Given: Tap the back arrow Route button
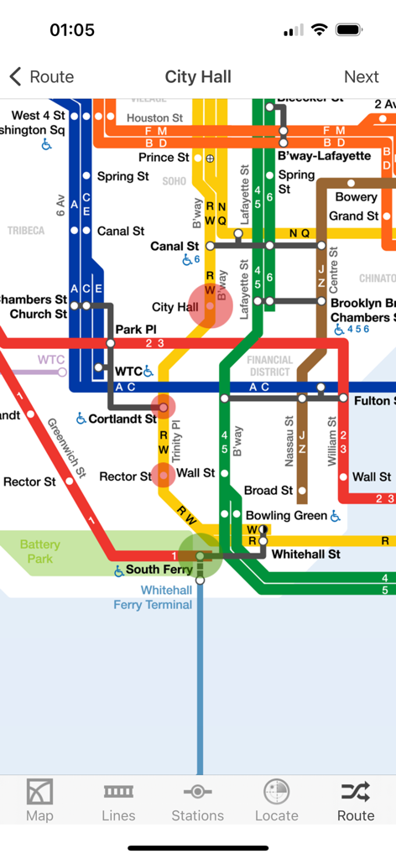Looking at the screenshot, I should click(x=42, y=77).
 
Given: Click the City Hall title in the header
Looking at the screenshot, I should click(x=198, y=77).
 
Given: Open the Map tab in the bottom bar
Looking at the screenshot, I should click(x=39, y=799).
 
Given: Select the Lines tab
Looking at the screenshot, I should click(x=118, y=799).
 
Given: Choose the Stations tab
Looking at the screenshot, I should click(x=197, y=799).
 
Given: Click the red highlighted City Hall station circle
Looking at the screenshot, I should click(x=210, y=306).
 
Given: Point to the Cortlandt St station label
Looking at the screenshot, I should click(x=122, y=419).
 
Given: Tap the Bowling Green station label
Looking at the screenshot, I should click(x=285, y=515).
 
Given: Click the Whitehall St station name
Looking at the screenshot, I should click(x=306, y=554).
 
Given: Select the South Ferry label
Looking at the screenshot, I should click(x=159, y=570).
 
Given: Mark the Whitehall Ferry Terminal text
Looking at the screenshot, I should click(x=153, y=597).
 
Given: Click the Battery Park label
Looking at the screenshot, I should click(x=40, y=551).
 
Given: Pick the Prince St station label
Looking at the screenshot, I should click(x=164, y=157).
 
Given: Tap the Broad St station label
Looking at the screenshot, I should click(x=268, y=490).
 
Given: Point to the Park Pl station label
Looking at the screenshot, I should click(x=136, y=329).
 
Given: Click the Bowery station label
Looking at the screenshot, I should click(x=357, y=197).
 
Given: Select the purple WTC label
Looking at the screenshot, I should click(x=51, y=360).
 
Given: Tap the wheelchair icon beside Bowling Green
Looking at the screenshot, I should click(x=336, y=515).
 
